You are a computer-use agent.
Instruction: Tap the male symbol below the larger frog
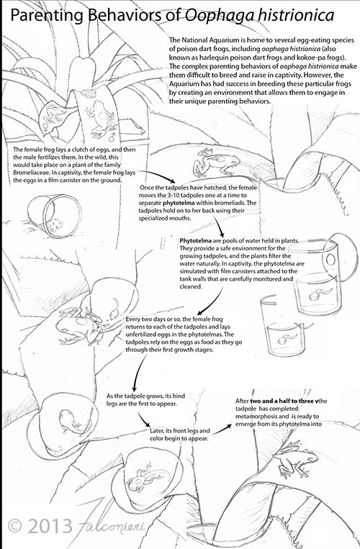[112, 135]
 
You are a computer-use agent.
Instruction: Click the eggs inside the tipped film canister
[55, 225]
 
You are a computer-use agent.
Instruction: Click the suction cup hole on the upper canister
[330, 260]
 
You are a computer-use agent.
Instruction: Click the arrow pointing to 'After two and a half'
[222, 430]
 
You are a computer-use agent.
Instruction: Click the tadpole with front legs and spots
[147, 476]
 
